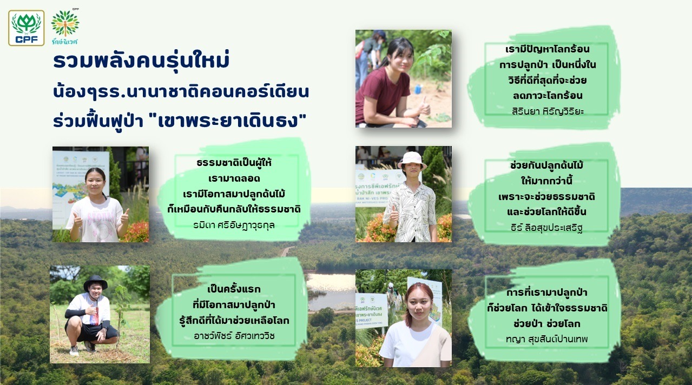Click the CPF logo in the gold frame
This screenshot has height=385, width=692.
[26, 28]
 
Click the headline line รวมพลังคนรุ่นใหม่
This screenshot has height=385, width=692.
[141, 61]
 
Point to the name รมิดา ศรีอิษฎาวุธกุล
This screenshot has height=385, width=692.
[234, 225]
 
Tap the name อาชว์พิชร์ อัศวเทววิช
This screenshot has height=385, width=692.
[234, 336]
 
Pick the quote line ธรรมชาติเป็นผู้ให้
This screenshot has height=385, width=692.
[234, 162]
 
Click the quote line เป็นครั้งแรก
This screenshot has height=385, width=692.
[234, 289]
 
